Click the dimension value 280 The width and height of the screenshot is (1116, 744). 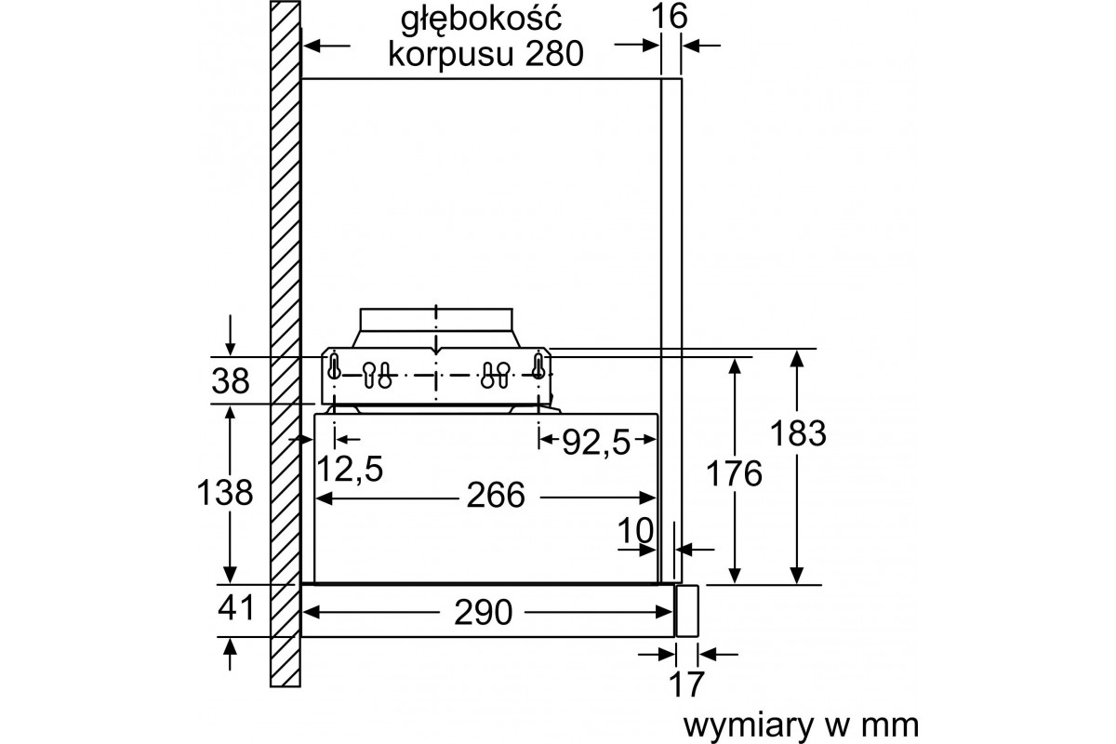[x=554, y=54]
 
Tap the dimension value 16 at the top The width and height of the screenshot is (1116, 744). [x=669, y=16]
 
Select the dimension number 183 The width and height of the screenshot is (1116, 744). [x=798, y=432]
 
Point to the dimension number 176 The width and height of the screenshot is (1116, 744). [x=734, y=473]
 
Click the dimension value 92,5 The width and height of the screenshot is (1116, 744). [x=596, y=442]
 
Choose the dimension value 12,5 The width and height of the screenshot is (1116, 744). [x=350, y=469]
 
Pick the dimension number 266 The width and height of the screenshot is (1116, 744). [x=496, y=496]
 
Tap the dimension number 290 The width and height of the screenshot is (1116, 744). [x=484, y=613]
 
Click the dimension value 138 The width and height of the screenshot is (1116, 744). [x=225, y=492]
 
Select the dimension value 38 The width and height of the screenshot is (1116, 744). [x=231, y=381]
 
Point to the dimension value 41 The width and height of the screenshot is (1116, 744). [x=235, y=608]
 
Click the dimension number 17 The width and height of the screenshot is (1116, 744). [x=686, y=684]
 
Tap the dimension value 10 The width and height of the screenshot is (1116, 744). [x=635, y=530]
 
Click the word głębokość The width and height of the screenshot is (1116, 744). [x=482, y=20]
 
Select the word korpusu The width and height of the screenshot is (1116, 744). [x=451, y=56]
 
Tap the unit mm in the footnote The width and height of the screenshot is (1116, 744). [x=890, y=726]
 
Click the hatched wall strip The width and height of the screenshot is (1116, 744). [x=285, y=344]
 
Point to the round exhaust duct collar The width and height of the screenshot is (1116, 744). [x=436, y=327]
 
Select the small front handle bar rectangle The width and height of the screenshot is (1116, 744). [x=686, y=611]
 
